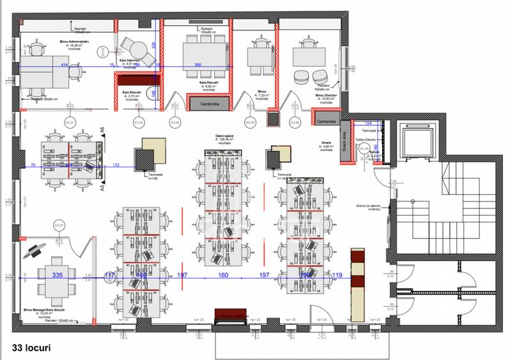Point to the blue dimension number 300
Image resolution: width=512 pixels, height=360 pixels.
tap(198, 65)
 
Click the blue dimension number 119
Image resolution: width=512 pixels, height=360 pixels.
tap(337, 275)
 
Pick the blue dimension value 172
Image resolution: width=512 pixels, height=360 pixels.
tap(116, 166)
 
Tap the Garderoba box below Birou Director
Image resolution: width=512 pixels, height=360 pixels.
tap(326, 121)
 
